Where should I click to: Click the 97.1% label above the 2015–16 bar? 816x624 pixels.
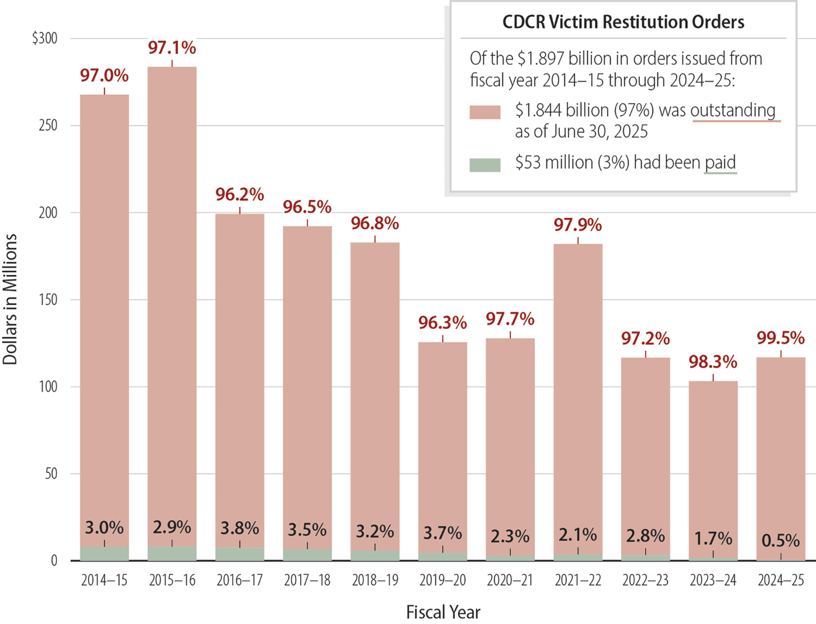tap(172, 48)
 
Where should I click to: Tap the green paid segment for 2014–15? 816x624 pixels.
tap(105, 554)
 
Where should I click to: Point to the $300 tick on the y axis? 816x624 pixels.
tap(45, 38)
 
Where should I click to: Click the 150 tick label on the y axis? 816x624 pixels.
tap(48, 300)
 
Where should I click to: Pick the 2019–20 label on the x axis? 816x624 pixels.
tap(442, 580)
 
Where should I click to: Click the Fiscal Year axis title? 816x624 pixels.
tap(443, 612)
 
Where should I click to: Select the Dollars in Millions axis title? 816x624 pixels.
tap(10, 299)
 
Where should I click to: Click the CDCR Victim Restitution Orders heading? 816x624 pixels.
tap(623, 22)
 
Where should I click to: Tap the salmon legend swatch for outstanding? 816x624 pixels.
tap(484, 112)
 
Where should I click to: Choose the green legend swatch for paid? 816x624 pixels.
tap(484, 165)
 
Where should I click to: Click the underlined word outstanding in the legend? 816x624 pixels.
tap(733, 110)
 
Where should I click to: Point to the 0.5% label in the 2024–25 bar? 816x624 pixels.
tap(780, 541)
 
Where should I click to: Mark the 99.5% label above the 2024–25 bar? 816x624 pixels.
tap(780, 338)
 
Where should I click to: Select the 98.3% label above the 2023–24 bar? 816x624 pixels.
tap(713, 362)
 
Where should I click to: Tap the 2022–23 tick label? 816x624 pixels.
tap(645, 580)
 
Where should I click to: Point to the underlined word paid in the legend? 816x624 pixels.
tap(720, 163)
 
